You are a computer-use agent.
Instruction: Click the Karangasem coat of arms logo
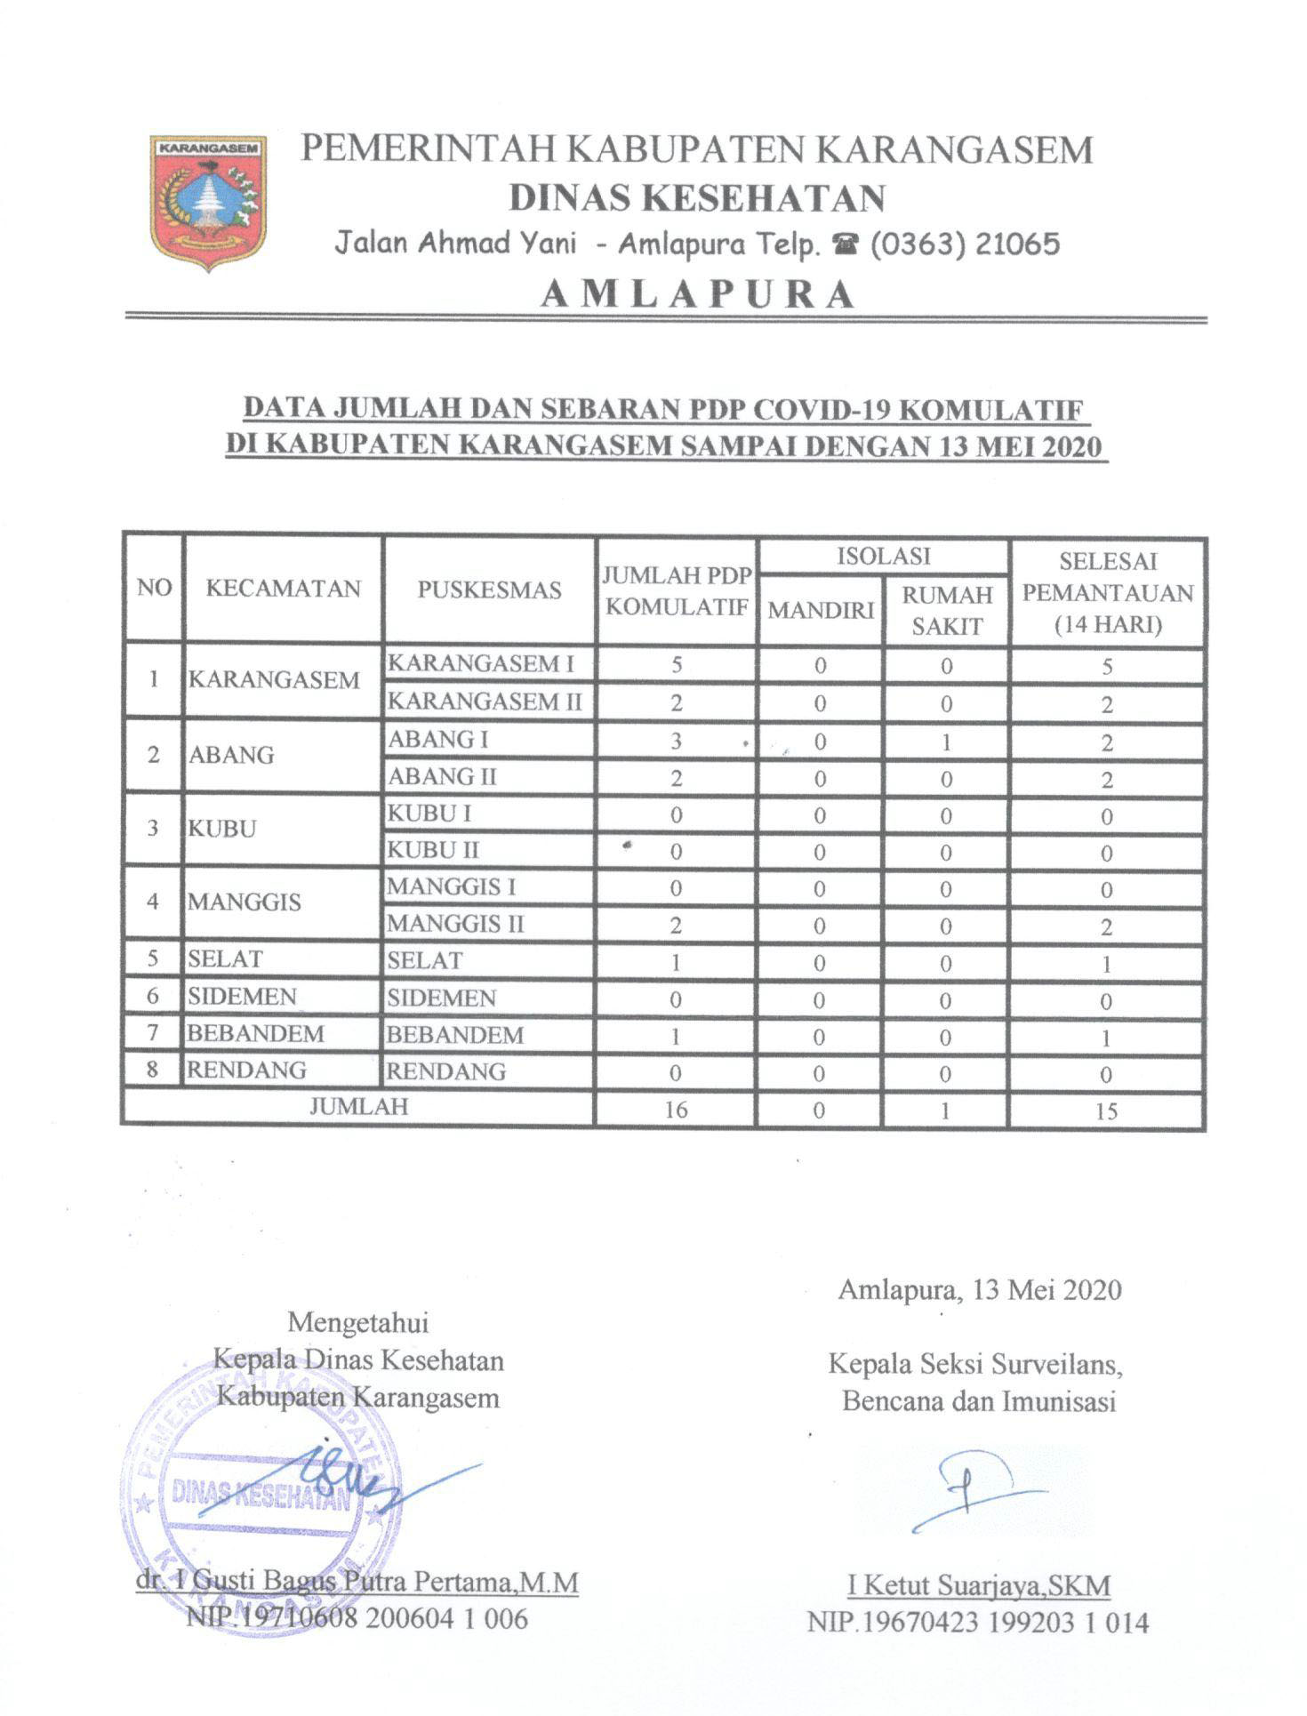tap(208, 202)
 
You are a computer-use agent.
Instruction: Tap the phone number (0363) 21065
tap(964, 244)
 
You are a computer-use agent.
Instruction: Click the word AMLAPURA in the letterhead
tap(698, 293)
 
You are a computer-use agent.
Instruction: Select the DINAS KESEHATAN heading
tap(697, 197)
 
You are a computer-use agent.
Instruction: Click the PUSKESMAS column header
tap(489, 589)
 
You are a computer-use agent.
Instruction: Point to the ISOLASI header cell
tap(883, 557)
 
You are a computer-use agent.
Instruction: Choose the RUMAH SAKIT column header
tap(946, 610)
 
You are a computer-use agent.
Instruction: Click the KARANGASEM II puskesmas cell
tap(485, 702)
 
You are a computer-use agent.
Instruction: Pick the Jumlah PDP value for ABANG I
tap(676, 741)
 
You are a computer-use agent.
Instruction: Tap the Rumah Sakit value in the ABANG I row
tap(946, 742)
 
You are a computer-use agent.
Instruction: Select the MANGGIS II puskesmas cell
tap(456, 924)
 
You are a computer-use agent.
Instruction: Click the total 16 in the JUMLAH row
tap(676, 1110)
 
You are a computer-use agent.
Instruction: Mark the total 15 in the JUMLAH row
tap(1106, 1111)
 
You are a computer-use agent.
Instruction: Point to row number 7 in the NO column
tap(153, 1034)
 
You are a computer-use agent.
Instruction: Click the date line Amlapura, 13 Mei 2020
tap(979, 1289)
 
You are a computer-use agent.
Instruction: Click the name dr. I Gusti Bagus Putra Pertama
tap(357, 1583)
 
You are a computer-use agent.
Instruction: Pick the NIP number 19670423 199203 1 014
tap(978, 1623)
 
